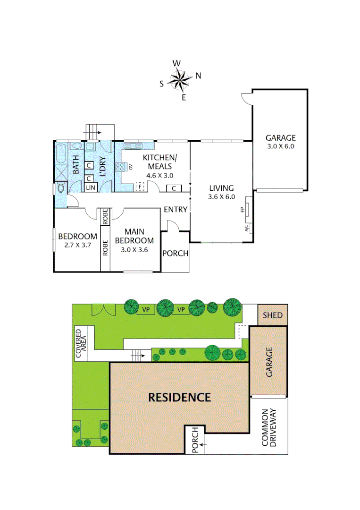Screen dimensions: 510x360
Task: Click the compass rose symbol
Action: pyautogui.click(x=180, y=80)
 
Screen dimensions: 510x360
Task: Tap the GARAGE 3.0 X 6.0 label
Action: pyautogui.click(x=280, y=142)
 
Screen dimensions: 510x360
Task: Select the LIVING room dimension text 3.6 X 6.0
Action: pyautogui.click(x=221, y=197)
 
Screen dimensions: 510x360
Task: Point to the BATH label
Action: pyautogui.click(x=76, y=165)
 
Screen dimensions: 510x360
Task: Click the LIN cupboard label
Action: pyautogui.click(x=90, y=188)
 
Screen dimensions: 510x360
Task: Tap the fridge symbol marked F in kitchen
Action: pyautogui.click(x=140, y=187)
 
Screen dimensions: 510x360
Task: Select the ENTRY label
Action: pyautogui.click(x=176, y=209)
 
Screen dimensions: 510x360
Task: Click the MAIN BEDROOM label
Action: pyautogui.click(x=139, y=236)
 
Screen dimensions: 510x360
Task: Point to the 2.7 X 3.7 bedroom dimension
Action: pyautogui.click(x=77, y=245)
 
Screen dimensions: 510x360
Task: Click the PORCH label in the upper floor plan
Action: pyautogui.click(x=176, y=253)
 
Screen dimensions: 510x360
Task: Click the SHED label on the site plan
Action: pyautogui.click(x=273, y=315)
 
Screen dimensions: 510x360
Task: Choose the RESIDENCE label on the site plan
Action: pyautogui.click(x=179, y=397)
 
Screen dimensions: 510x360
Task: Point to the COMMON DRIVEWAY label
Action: pyautogui.click(x=268, y=427)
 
